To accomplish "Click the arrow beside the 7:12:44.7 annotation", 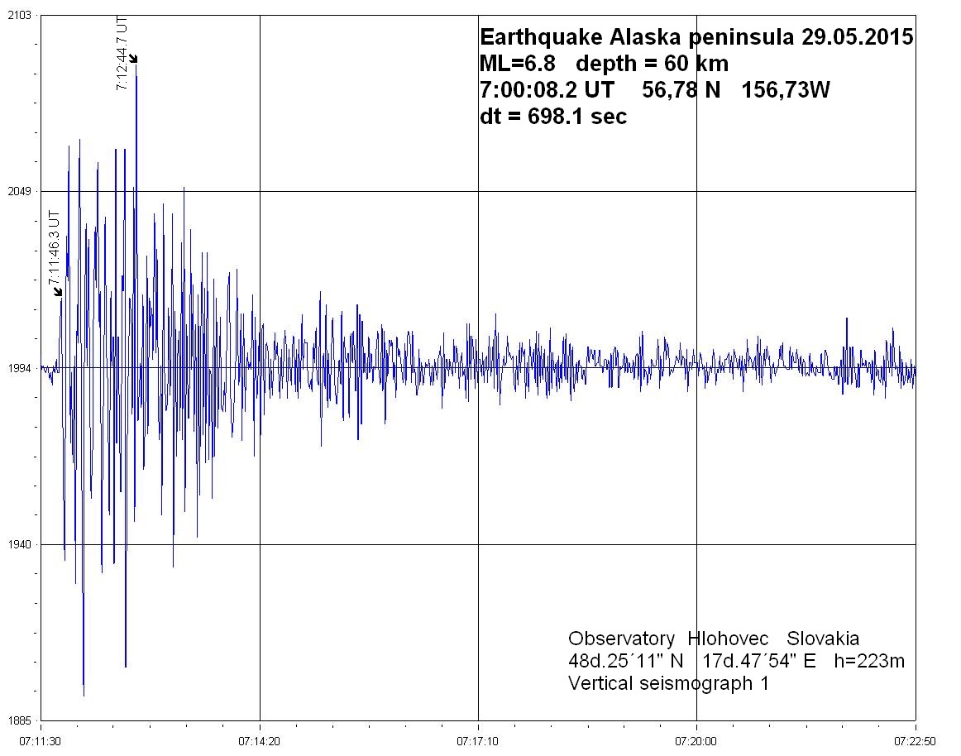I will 133,58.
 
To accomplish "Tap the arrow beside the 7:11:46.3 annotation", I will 57,290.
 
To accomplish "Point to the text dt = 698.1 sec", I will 553,117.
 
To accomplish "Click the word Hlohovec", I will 732,639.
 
